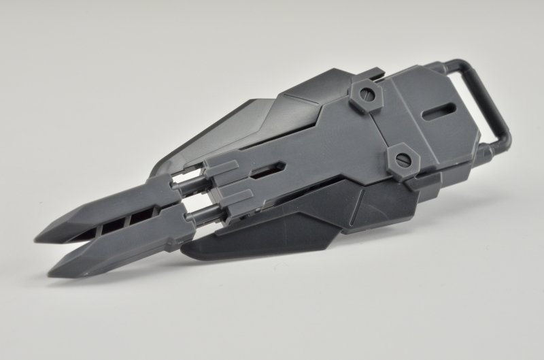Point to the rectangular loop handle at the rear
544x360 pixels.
[x=493, y=102]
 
